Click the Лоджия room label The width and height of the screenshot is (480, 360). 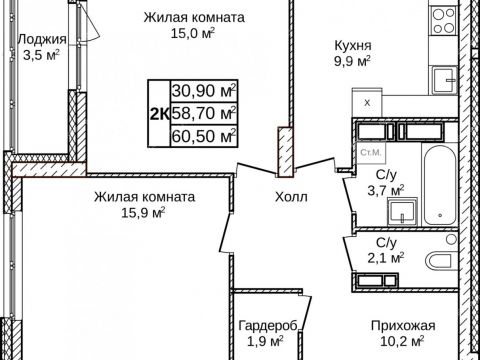(x=42, y=40)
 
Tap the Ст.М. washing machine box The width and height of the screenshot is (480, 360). (x=368, y=151)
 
